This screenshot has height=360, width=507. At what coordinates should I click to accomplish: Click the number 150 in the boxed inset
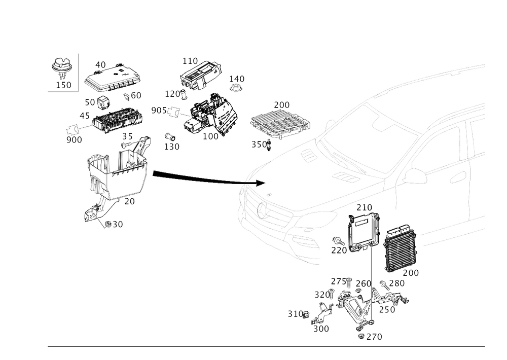tap(63, 85)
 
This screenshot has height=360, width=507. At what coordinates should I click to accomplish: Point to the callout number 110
tap(190, 61)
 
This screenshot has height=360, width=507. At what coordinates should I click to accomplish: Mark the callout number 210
tap(364, 208)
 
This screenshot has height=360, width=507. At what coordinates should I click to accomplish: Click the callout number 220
tap(339, 250)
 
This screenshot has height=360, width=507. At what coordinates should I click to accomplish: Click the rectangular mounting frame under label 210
tap(361, 232)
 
